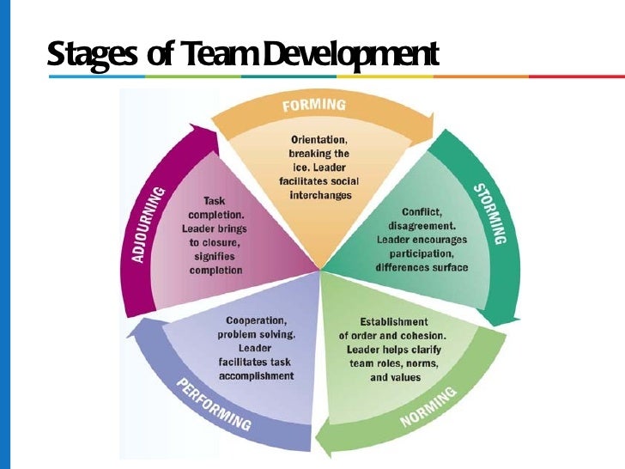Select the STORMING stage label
[489, 213]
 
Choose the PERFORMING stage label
[214, 404]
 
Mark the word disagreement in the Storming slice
[421, 226]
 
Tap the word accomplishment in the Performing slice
[256, 375]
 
